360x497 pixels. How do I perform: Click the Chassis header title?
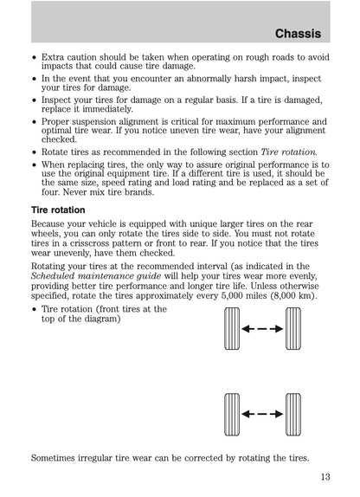pos(298,34)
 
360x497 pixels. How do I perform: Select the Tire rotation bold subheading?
pos(58,210)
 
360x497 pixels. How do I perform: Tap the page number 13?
pos(325,477)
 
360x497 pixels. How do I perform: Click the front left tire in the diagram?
pos(232,329)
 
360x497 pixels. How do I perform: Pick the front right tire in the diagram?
pos(293,329)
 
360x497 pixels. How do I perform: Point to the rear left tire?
pos(232,415)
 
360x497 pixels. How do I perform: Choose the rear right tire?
pos(293,415)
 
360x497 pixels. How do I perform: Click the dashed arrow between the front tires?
pos(262,329)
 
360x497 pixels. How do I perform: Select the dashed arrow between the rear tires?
pos(262,414)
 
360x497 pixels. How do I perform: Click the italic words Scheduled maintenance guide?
pos(96,276)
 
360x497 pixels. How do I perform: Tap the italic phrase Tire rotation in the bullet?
pos(289,152)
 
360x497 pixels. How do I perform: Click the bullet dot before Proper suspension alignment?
pos(34,122)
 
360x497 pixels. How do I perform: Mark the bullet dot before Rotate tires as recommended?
pos(34,152)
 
